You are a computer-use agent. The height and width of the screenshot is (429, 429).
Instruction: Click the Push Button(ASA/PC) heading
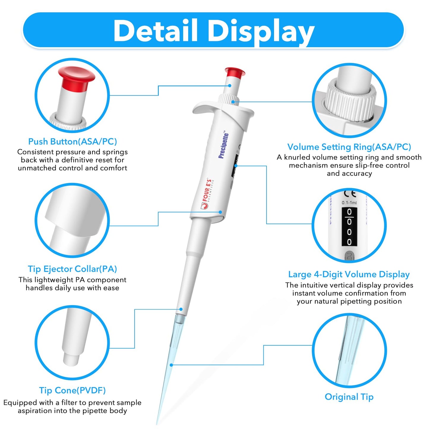72,142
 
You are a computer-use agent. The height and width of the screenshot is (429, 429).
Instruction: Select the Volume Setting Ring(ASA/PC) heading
349,147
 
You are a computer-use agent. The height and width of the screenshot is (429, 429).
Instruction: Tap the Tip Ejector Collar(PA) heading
72,269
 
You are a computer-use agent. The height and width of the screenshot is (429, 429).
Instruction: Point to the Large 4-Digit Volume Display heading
349,274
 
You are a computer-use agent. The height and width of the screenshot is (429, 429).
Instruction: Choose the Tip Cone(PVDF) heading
72,390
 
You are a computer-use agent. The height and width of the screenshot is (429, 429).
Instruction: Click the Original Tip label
349,397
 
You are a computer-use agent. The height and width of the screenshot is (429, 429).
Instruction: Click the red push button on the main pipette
235,72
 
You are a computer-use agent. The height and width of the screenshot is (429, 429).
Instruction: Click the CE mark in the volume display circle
350,194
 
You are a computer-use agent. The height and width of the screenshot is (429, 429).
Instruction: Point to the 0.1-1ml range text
349,203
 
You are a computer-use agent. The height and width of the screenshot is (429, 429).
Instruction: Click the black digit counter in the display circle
349,227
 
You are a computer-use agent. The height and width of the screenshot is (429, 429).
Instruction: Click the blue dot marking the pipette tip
171,365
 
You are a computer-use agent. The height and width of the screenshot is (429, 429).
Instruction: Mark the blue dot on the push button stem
230,86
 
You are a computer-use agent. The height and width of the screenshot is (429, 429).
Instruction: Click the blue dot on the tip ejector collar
221,212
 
